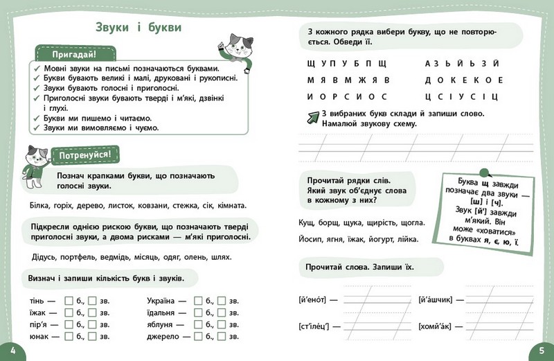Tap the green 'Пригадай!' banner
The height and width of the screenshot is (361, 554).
(x=73, y=54)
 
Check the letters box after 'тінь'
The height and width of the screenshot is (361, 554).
(x=69, y=301)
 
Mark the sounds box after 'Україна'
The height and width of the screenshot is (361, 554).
(x=221, y=301)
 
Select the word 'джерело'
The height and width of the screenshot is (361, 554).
(x=164, y=337)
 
